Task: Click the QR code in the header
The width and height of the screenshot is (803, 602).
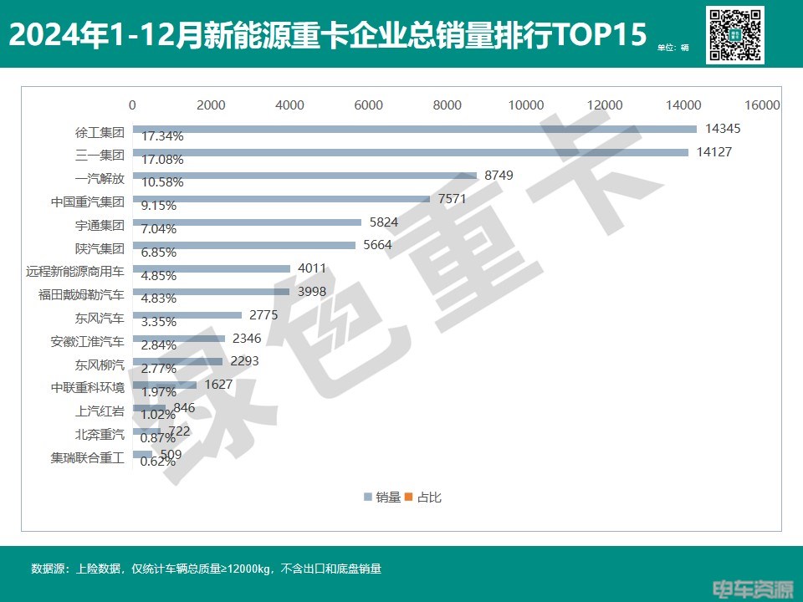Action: click(x=734, y=34)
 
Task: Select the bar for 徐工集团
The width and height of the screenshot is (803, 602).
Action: click(x=414, y=129)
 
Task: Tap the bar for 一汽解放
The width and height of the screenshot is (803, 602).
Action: click(x=304, y=176)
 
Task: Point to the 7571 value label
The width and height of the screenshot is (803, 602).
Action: click(x=452, y=199)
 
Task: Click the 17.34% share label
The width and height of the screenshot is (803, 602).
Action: click(x=162, y=136)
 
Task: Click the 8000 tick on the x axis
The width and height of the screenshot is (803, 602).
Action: click(x=448, y=105)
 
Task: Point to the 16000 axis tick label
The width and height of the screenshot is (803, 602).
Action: click(x=762, y=105)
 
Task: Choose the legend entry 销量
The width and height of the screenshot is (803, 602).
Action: click(x=382, y=497)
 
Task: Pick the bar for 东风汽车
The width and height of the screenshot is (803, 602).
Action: click(x=187, y=315)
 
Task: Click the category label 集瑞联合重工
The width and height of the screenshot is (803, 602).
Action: click(x=87, y=458)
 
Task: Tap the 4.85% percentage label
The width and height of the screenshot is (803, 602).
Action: click(x=159, y=276)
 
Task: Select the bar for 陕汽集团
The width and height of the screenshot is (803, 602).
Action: click(x=244, y=246)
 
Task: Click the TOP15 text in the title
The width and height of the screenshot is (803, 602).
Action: click(x=604, y=35)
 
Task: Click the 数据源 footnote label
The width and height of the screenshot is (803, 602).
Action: click(x=49, y=569)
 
